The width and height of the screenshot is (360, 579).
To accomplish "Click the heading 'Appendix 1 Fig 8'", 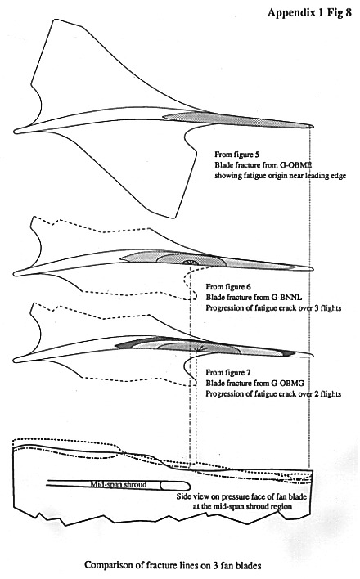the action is (x=309, y=12).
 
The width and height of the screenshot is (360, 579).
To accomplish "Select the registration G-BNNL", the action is (x=287, y=297).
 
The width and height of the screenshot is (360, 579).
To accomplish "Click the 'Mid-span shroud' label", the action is (x=119, y=484).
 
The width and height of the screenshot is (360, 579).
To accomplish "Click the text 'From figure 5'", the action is (x=235, y=155).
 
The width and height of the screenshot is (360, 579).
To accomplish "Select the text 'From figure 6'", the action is (x=227, y=287).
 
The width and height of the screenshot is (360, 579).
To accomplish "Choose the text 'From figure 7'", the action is (x=227, y=373).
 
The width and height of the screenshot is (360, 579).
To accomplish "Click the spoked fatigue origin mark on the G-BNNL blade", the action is (x=188, y=263).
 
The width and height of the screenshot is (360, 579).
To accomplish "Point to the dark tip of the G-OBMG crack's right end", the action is (x=290, y=353).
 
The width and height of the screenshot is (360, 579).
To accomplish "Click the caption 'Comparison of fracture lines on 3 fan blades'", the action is (x=173, y=565).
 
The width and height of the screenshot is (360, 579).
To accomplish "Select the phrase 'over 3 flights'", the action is (x=319, y=307).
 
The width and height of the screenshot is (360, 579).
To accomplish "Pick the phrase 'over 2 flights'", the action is (x=319, y=393).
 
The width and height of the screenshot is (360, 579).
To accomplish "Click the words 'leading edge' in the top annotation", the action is (x=326, y=175).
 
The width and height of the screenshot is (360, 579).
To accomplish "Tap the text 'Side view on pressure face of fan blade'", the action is (x=241, y=496).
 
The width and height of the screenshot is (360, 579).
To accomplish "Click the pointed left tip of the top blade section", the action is (x=15, y=131).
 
